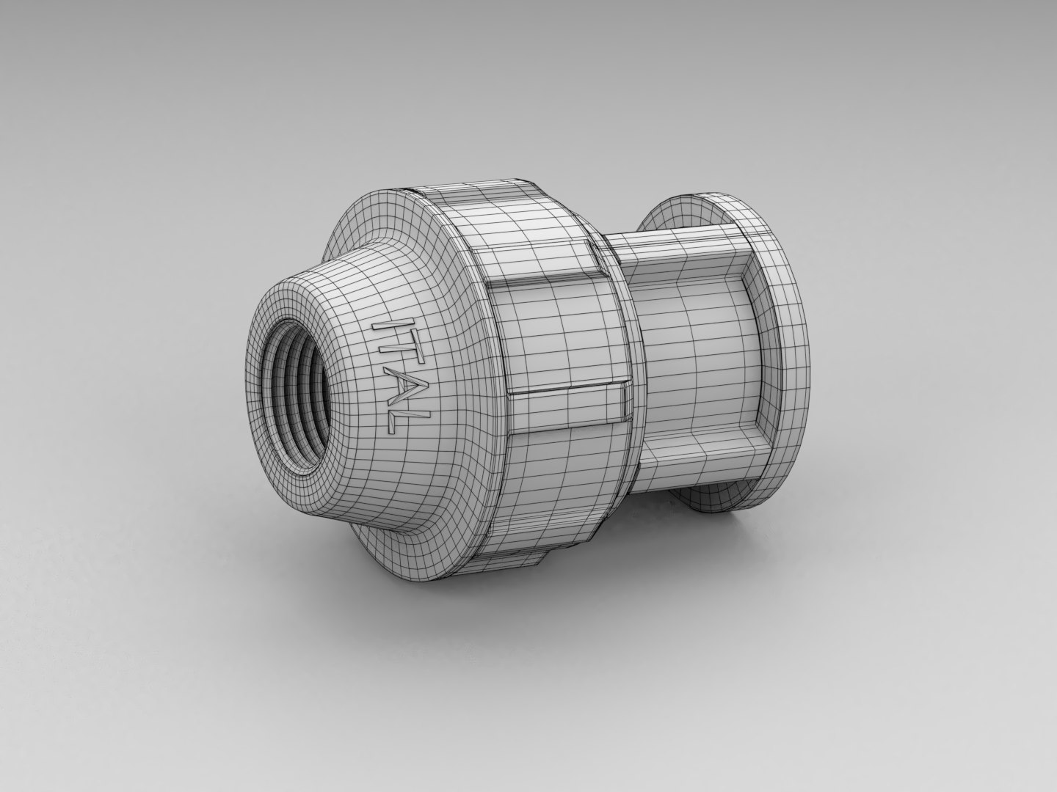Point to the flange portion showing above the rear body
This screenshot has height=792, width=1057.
[683, 209]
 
